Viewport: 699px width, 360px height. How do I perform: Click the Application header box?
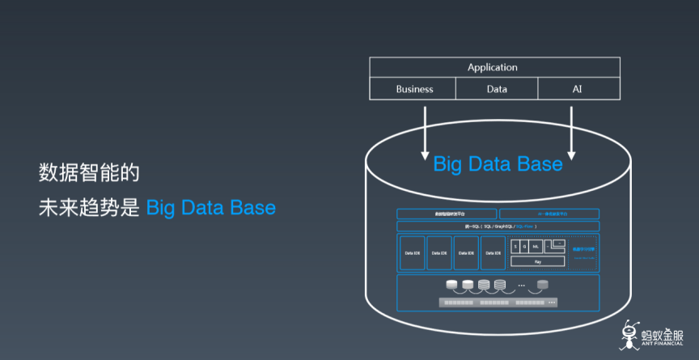(x=492, y=67)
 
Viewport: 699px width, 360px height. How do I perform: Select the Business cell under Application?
(x=414, y=89)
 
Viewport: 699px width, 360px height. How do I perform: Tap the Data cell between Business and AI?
(x=497, y=89)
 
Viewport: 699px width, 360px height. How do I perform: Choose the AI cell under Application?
(x=577, y=89)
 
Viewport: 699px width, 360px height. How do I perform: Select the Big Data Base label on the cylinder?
(x=498, y=164)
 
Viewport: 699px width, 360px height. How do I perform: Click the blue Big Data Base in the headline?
(x=211, y=207)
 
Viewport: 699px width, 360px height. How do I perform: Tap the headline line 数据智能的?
(x=90, y=172)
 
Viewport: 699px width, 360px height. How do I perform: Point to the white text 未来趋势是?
(x=89, y=207)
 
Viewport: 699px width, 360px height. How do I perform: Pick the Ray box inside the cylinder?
(x=537, y=261)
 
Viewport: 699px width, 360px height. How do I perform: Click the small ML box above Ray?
(x=535, y=245)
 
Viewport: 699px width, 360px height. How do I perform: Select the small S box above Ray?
(x=515, y=245)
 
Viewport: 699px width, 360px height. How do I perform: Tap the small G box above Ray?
(x=524, y=245)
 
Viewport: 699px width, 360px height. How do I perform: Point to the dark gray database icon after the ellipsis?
(x=542, y=285)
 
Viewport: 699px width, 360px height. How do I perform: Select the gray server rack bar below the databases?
(x=498, y=303)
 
